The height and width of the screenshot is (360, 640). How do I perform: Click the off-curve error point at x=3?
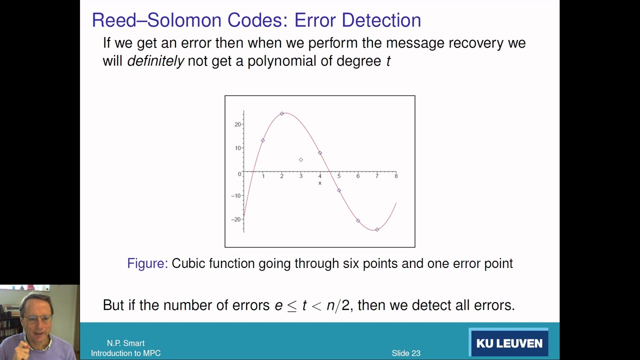pyautogui.click(x=300, y=160)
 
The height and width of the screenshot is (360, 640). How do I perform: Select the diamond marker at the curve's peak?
pyautogui.click(x=282, y=113)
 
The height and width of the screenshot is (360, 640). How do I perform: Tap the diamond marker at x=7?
pyautogui.click(x=377, y=229)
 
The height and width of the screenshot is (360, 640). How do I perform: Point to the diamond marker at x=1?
pyautogui.click(x=263, y=140)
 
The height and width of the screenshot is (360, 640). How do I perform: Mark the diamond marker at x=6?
pyautogui.click(x=358, y=220)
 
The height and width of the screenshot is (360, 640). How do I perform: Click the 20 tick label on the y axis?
pyautogui.click(x=237, y=124)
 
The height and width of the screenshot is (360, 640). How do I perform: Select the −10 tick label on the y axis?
pyautogui.click(x=236, y=195)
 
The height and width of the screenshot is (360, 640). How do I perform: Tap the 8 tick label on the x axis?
pyautogui.click(x=396, y=176)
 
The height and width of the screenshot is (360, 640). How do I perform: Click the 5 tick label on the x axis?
pyautogui.click(x=339, y=176)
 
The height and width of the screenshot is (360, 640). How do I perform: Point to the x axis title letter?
pyautogui.click(x=320, y=183)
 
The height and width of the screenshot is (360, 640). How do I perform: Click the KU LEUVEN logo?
pyautogui.click(x=509, y=343)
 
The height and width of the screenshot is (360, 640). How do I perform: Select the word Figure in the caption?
pyautogui.click(x=147, y=263)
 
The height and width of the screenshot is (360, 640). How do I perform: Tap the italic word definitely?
pyautogui.click(x=155, y=61)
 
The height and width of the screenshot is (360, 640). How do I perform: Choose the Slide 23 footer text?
pyautogui.click(x=406, y=353)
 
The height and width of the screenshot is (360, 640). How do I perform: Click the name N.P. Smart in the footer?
pyautogui.click(x=125, y=343)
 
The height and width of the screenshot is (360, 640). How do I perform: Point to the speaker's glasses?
pyautogui.click(x=39, y=318)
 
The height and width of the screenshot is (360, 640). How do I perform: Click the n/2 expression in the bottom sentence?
pyautogui.click(x=338, y=305)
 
